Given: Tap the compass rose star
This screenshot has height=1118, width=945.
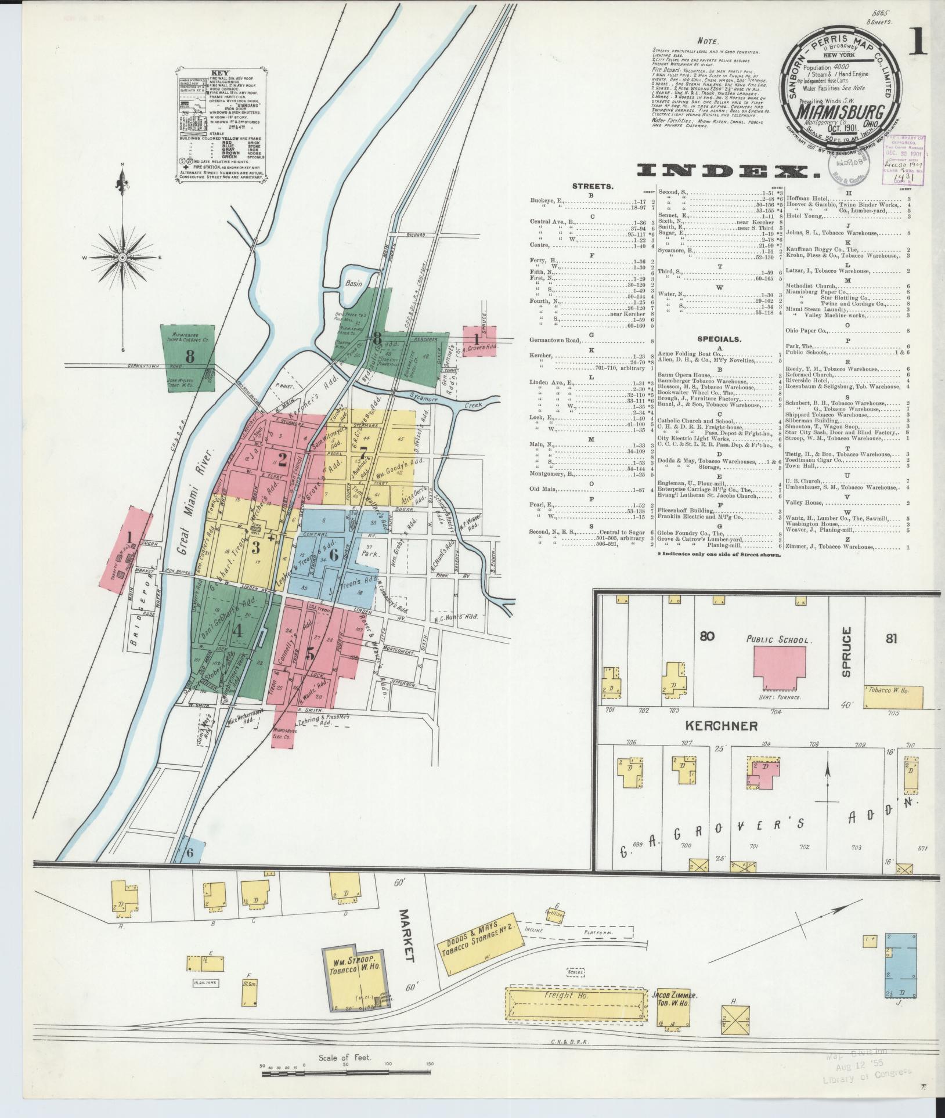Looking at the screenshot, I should (x=122, y=257).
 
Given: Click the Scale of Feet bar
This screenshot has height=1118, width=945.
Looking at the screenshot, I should (x=348, y=1073).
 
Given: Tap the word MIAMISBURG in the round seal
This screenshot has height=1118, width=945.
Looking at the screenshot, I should (x=836, y=112).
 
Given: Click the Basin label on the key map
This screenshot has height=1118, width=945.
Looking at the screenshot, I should (x=354, y=283).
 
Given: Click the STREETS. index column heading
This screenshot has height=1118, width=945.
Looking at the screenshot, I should (x=592, y=187).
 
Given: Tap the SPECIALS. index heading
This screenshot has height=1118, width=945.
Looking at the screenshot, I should (x=720, y=339).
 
